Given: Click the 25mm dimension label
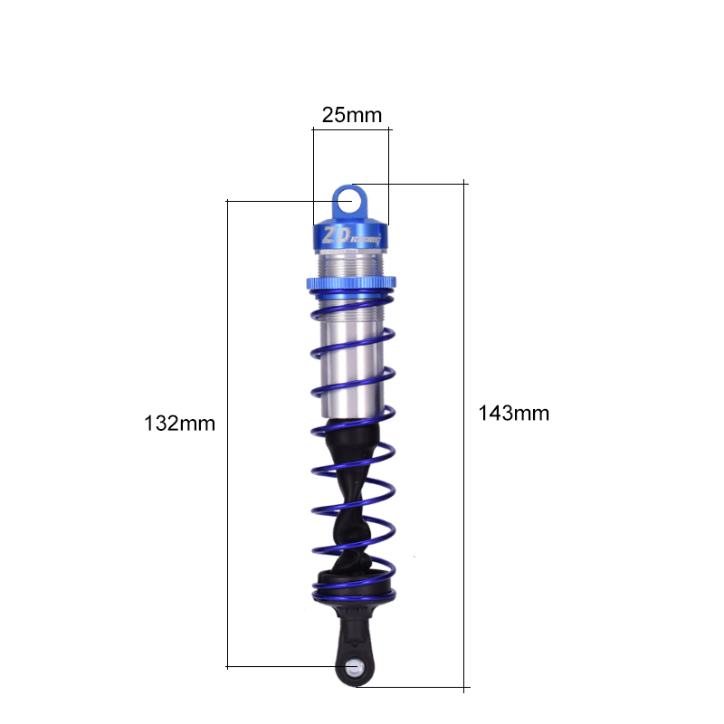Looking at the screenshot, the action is (x=352, y=115).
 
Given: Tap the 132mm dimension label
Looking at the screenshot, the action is (x=179, y=424).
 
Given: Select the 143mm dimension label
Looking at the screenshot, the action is (x=513, y=414).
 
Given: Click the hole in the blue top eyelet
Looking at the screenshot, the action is (x=345, y=202).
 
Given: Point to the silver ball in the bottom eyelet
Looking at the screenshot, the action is (x=354, y=668).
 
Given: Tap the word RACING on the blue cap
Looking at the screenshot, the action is (x=366, y=239).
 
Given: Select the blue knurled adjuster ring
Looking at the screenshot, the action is (x=351, y=282).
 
